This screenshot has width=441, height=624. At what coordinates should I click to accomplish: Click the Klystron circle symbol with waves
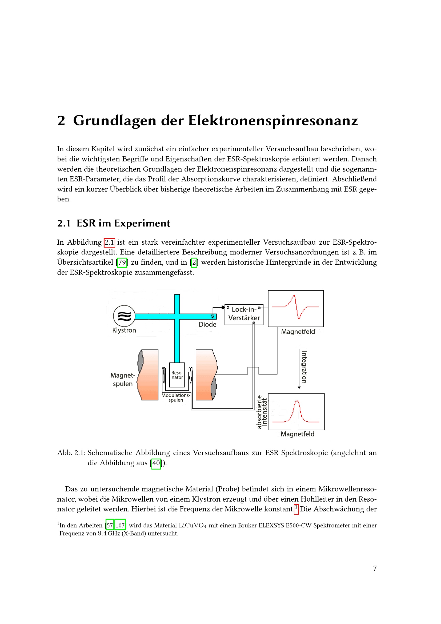coord(124,316)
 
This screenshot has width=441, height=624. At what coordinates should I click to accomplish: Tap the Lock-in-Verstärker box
coord(244,314)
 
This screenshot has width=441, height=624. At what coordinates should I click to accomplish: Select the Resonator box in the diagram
coord(177,375)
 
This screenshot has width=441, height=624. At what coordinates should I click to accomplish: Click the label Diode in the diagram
coord(207,324)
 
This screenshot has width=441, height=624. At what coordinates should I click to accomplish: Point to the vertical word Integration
coord(304,367)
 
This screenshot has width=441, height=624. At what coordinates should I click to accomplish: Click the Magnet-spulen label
coord(123,379)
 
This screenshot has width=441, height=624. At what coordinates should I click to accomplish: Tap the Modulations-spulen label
coord(176,397)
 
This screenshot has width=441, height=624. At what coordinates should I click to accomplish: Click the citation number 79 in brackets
coord(122,262)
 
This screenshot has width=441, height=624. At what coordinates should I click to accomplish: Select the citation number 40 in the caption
coord(156,463)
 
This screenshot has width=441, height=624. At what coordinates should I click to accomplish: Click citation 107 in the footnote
coord(120,525)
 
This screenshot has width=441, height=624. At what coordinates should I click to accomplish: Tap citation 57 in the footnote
coord(110,525)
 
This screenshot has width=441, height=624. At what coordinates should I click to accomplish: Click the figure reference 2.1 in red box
coord(109,243)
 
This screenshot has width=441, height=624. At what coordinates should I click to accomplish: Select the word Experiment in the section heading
coord(142,223)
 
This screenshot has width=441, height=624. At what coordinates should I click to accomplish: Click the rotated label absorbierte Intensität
coord(262,412)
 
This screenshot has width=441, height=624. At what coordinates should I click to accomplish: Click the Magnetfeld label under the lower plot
coord(297,434)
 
